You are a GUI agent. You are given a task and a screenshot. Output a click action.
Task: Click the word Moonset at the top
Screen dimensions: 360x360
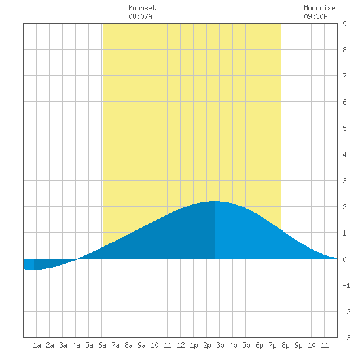(142, 8)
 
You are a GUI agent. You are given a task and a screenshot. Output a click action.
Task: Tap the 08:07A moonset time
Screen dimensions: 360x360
(140, 16)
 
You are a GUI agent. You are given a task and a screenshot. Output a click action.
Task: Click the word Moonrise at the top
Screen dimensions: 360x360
(319, 8)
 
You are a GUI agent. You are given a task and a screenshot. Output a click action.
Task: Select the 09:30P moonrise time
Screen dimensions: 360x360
(315, 16)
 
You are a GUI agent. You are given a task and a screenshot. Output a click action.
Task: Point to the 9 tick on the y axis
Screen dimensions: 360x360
(344, 24)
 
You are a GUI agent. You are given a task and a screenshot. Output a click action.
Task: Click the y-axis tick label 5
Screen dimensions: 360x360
(344, 128)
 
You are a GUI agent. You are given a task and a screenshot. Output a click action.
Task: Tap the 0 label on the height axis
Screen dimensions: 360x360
(344, 259)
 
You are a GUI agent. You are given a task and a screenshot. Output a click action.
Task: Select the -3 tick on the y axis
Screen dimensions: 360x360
(346, 338)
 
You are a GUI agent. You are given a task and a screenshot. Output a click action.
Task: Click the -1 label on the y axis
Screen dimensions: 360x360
(346, 285)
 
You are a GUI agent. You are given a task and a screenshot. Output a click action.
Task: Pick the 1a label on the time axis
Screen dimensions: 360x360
(37, 345)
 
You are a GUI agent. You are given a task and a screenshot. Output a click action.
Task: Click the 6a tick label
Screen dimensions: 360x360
(102, 345)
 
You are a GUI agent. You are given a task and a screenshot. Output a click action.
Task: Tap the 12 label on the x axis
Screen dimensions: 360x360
(181, 345)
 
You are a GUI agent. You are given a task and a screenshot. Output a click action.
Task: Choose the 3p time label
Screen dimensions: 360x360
(220, 345)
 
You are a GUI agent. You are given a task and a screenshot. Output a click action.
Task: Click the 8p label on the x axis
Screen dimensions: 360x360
(285, 345)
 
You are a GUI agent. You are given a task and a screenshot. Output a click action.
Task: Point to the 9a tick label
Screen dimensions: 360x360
(141, 345)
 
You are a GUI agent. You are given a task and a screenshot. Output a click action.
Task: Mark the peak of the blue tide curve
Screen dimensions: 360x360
(215, 201)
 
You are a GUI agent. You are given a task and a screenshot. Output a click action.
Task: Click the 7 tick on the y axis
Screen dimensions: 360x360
(344, 76)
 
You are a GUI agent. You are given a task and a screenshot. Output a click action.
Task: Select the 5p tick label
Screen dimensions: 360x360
(246, 345)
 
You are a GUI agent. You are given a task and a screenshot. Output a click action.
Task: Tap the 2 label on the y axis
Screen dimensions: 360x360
(344, 207)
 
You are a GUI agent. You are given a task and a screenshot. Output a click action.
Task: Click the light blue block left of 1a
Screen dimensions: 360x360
(29, 264)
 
